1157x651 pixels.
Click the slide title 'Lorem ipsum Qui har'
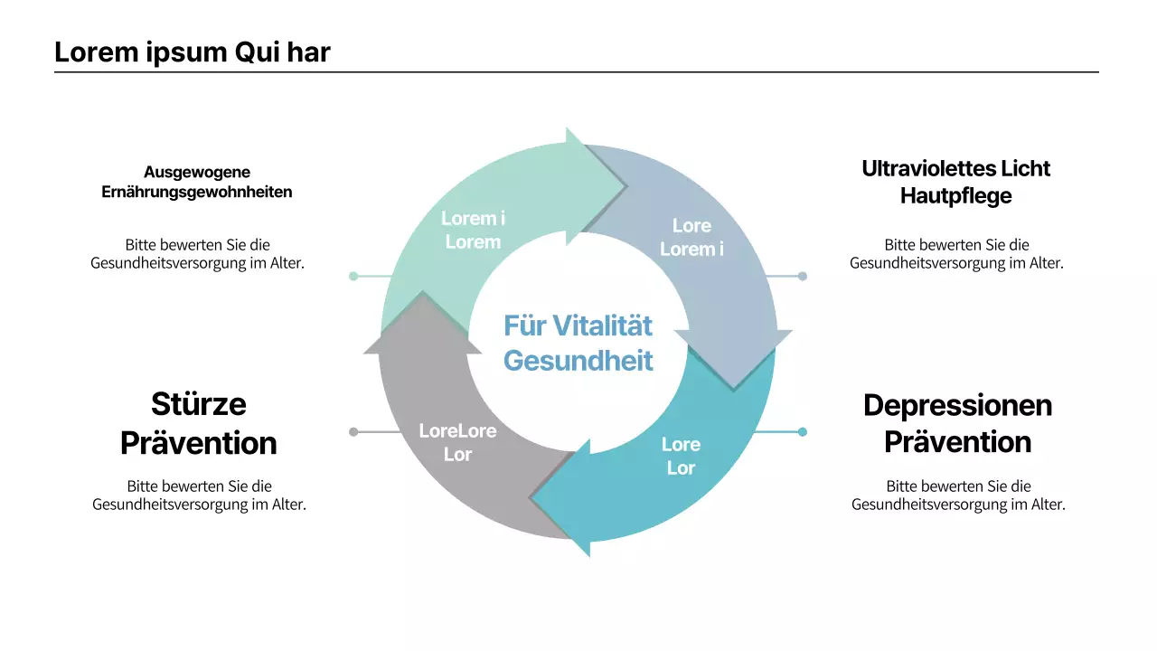pyautogui.click(x=193, y=52)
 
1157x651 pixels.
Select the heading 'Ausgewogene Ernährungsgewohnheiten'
pyautogui.click(x=197, y=182)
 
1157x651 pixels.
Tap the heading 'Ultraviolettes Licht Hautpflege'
pyautogui.click(x=956, y=182)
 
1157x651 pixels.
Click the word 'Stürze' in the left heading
pyautogui.click(x=199, y=403)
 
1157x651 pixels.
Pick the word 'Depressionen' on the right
pyautogui.click(x=957, y=405)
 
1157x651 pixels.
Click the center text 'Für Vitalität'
pyautogui.click(x=578, y=325)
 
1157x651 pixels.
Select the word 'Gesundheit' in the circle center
pyautogui.click(x=578, y=361)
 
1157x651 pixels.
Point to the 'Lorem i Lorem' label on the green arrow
pyautogui.click(x=473, y=230)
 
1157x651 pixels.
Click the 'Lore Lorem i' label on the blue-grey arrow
pyautogui.click(x=691, y=237)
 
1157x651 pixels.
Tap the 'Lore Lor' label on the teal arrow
pyautogui.click(x=681, y=456)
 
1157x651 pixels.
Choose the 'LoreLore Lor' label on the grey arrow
pyautogui.click(x=457, y=442)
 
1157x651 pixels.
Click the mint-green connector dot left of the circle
pyautogui.click(x=353, y=276)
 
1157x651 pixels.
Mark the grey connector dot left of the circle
pyautogui.click(x=353, y=432)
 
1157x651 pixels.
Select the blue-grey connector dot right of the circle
pyautogui.click(x=802, y=276)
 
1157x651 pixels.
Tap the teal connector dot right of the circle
pyautogui.click(x=802, y=432)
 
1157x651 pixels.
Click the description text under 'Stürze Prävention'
pyautogui.click(x=199, y=495)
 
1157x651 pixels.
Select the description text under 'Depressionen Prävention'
pyautogui.click(x=958, y=495)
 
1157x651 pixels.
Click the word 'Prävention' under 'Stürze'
pyautogui.click(x=199, y=443)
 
